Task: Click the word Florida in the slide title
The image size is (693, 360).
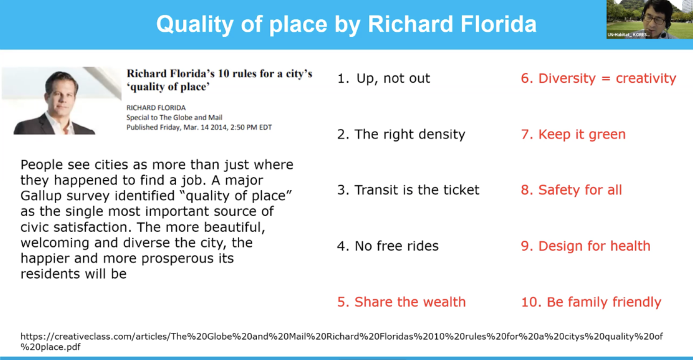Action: pos(498,24)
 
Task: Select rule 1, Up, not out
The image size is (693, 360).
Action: pos(384,78)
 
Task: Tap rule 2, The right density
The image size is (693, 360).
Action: pos(401,134)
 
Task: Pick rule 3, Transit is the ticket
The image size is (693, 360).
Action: pos(408,190)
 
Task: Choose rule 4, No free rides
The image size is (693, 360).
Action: pos(388,246)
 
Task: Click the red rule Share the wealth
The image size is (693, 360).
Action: pos(401,302)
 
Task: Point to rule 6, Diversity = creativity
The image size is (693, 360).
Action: pos(598,78)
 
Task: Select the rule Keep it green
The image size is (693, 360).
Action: pos(573,134)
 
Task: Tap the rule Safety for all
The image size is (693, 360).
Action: pos(571,190)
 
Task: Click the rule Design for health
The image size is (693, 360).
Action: pos(585,246)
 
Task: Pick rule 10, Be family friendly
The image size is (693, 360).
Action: pos(591,302)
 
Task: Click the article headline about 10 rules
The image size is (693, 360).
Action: pos(220,80)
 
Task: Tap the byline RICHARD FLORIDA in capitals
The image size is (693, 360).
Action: pos(156,108)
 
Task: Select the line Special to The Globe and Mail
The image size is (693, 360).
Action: pos(174,118)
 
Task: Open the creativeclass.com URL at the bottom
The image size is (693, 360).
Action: pos(342,341)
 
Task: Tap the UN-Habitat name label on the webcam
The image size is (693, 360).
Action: pos(628,35)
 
